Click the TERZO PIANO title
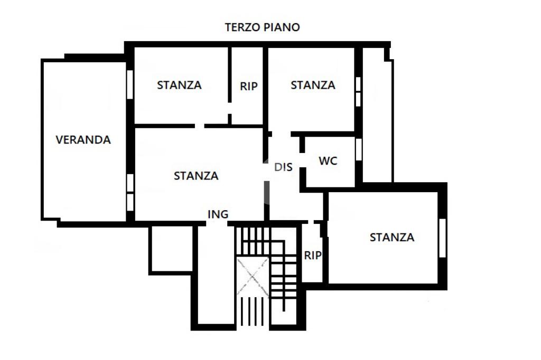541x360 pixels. point(263,27)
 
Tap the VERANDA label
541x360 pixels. point(83,140)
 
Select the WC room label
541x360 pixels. point(328,161)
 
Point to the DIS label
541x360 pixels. point(283,167)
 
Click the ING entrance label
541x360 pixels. point(218,214)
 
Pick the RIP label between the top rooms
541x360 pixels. point(249,86)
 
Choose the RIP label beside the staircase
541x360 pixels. point(313,255)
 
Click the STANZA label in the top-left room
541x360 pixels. point(179,84)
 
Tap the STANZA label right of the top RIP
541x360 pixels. point(313,84)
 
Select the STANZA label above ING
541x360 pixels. point(196,176)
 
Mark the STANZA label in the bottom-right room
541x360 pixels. point(392,238)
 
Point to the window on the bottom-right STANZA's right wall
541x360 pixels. point(443,238)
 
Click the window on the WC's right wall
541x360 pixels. point(358,149)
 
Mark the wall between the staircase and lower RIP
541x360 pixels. point(300,253)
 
